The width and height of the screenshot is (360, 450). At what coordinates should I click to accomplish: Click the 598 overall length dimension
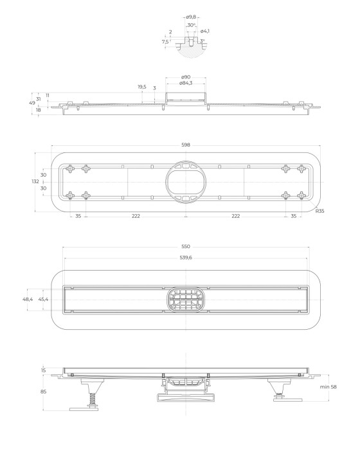click(186, 145)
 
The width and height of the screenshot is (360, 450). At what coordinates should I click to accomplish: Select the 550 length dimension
click(186, 247)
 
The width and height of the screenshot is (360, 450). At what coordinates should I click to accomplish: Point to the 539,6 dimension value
click(186, 258)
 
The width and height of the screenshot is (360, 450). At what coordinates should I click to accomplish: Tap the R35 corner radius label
click(319, 210)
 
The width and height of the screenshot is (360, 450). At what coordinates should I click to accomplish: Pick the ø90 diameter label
click(186, 77)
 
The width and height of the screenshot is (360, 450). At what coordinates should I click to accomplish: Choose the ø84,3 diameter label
click(186, 83)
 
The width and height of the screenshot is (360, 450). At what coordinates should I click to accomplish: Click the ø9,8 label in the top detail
click(190, 17)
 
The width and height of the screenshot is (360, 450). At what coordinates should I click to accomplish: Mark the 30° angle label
click(191, 25)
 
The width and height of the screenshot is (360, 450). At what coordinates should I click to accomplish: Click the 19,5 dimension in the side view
click(141, 87)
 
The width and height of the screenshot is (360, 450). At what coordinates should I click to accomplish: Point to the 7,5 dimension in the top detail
click(165, 42)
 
